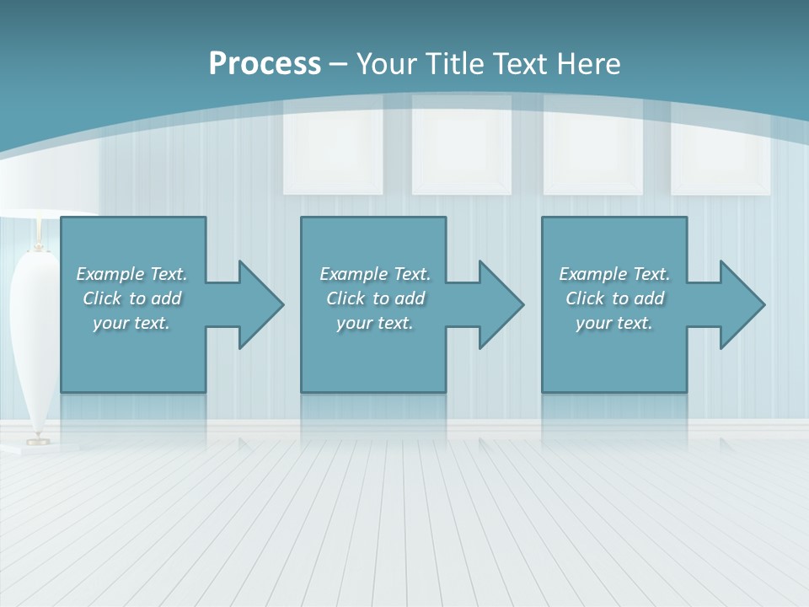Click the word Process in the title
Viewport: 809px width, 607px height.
(265, 64)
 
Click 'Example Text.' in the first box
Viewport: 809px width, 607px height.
(131, 274)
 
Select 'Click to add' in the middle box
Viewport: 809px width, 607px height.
(375, 298)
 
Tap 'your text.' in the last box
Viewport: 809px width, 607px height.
(613, 323)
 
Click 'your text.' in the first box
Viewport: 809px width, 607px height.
(131, 323)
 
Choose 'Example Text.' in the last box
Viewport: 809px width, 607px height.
(614, 274)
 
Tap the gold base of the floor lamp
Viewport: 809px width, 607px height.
(37, 439)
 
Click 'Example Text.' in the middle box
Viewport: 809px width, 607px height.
(375, 274)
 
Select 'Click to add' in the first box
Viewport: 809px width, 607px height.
(131, 298)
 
